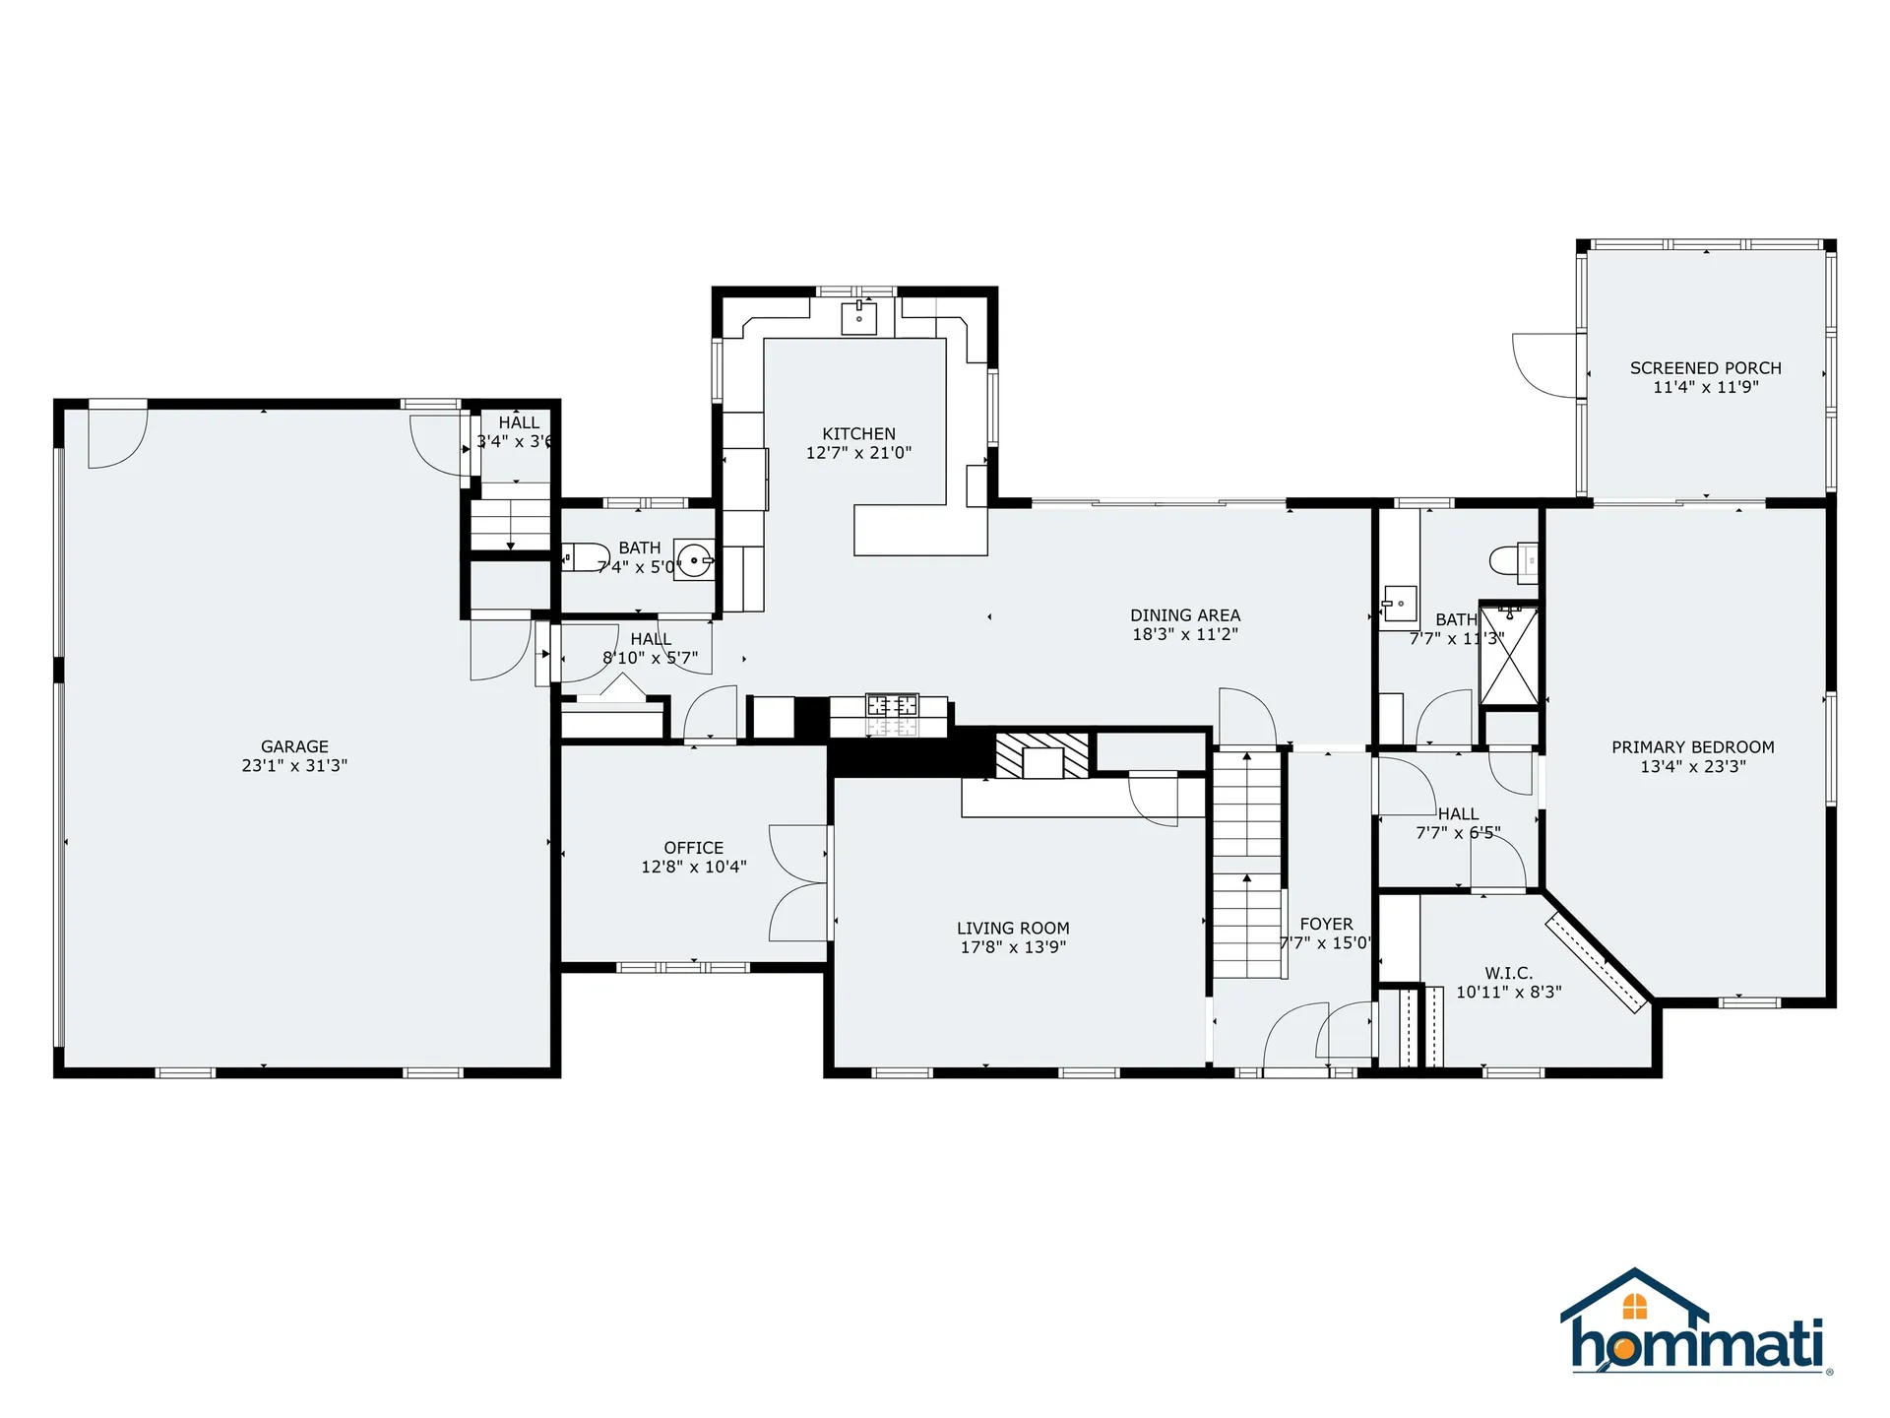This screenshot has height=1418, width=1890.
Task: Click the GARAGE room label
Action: [294, 746]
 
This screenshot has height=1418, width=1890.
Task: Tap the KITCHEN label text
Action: [859, 433]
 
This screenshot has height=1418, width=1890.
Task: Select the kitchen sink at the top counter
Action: [859, 318]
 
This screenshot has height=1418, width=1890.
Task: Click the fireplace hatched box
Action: [1042, 755]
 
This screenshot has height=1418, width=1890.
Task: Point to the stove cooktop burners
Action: [892, 705]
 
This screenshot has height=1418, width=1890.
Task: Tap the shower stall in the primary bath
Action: [1509, 655]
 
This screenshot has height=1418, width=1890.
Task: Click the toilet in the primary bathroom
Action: [1513, 560]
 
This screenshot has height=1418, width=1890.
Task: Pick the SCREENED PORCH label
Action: [1706, 368]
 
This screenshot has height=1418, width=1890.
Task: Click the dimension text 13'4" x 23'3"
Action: [1693, 766]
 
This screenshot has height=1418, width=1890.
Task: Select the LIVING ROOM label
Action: [1013, 928]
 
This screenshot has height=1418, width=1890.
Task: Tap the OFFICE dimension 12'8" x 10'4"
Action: [694, 867]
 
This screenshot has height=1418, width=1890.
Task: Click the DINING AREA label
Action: [1185, 615]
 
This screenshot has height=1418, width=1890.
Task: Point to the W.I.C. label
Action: [1509, 973]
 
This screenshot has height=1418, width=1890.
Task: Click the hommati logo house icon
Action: [1634, 1298]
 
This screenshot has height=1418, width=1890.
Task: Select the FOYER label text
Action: [1327, 924]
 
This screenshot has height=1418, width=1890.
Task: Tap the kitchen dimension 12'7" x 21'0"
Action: [859, 453]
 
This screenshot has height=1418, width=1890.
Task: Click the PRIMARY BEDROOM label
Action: [1693, 747]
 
